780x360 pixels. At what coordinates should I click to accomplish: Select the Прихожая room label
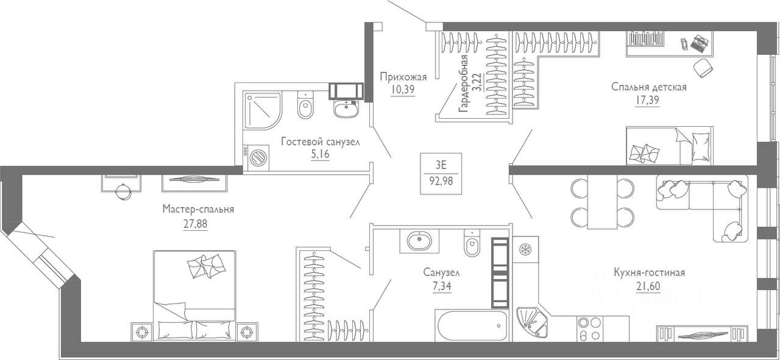tap(403, 77)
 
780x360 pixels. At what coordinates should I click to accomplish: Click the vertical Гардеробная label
tap(464, 83)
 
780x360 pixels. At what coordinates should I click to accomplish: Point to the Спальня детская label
tap(648, 87)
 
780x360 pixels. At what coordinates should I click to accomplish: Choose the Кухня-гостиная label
tap(650, 272)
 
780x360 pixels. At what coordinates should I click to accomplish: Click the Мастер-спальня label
tap(198, 210)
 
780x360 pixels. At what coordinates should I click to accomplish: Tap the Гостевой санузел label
tap(320, 141)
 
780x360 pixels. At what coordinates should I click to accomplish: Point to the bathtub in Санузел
tap(471, 326)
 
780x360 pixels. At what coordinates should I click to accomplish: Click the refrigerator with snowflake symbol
tap(525, 250)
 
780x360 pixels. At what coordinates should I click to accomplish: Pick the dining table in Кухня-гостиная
tap(602, 202)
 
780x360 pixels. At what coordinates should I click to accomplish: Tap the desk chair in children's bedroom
tap(704, 66)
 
